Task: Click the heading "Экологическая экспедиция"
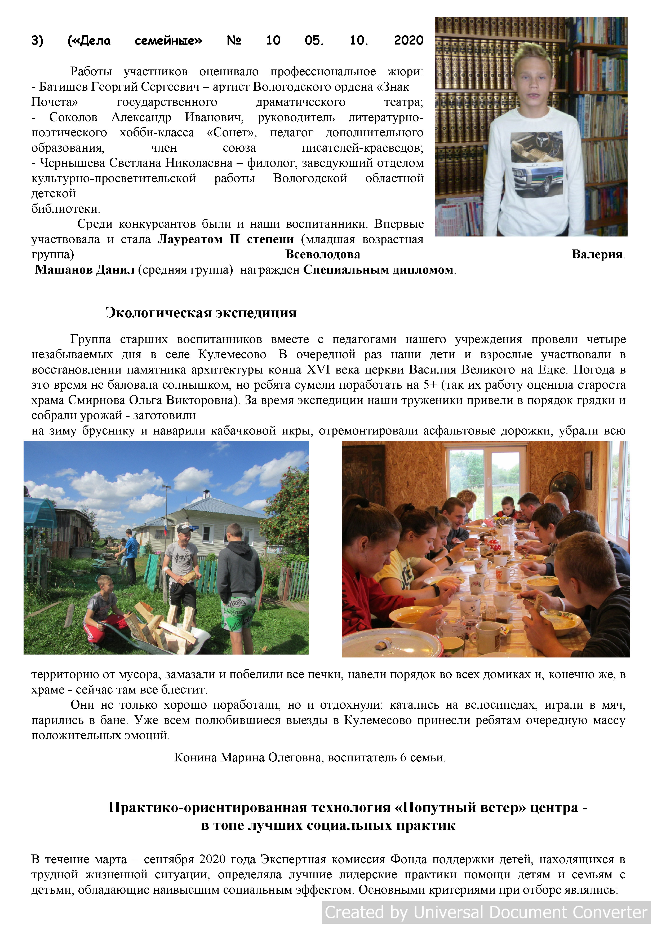[x=201, y=313]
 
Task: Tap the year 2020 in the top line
[x=409, y=41]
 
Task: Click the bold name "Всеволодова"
[x=323, y=255]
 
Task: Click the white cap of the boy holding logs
[x=185, y=529]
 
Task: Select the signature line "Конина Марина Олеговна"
[x=248, y=757]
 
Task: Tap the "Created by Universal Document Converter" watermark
[x=486, y=912]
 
